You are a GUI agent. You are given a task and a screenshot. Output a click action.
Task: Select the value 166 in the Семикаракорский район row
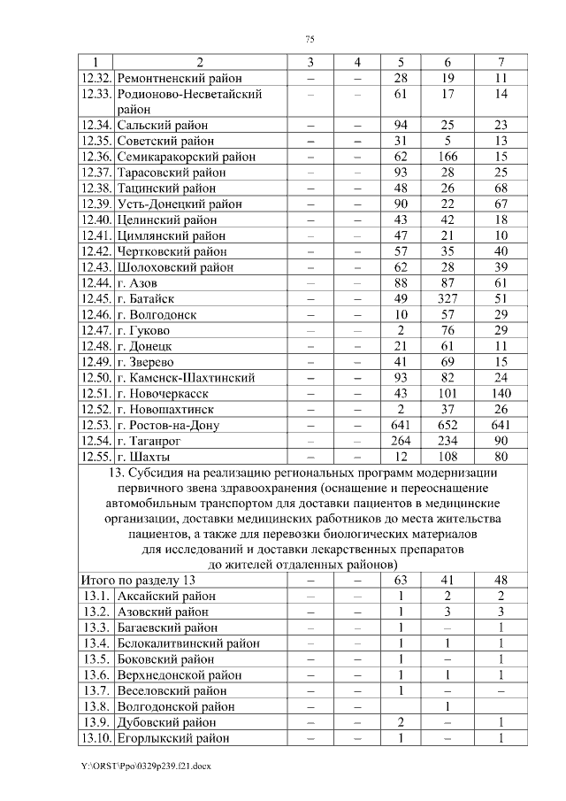tap(447, 157)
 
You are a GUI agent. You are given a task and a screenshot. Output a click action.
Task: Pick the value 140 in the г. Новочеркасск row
tap(501, 394)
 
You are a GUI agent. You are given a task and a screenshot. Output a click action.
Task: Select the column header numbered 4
tap(356, 62)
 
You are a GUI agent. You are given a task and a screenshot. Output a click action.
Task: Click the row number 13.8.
tap(96, 706)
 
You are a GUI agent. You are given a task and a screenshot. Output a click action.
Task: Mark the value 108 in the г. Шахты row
tap(447, 458)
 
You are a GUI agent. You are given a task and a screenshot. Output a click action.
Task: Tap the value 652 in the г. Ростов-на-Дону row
tap(447, 426)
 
